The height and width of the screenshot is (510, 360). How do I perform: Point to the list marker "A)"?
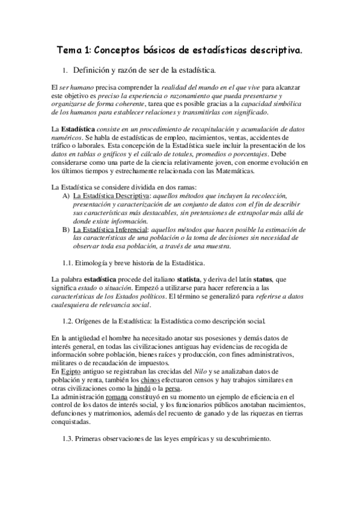pyautogui.click(x=66, y=197)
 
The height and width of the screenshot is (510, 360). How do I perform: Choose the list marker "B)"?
pyautogui.click(x=66, y=230)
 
